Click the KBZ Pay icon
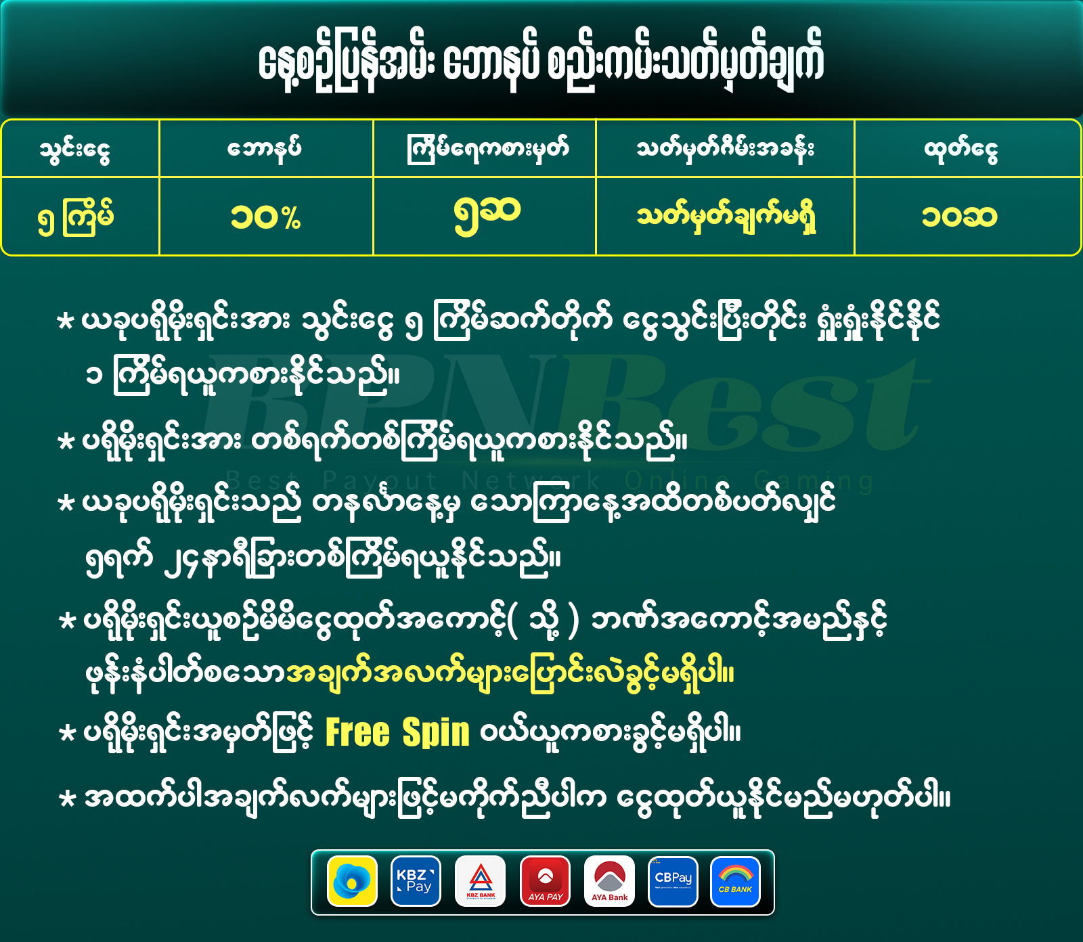click(416, 881)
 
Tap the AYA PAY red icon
click(545, 881)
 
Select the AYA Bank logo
click(609, 881)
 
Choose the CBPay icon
click(673, 881)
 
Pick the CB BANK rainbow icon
click(736, 881)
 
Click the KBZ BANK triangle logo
click(481, 881)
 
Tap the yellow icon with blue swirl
click(352, 881)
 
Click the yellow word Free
click(358, 732)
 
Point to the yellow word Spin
click(436, 732)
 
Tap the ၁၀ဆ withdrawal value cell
click(959, 217)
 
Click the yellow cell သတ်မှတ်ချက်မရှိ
click(726, 217)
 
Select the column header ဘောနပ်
click(265, 148)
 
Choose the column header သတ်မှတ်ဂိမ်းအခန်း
click(725, 148)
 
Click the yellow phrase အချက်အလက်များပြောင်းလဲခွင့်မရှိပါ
click(510, 673)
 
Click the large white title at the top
click(541, 62)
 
